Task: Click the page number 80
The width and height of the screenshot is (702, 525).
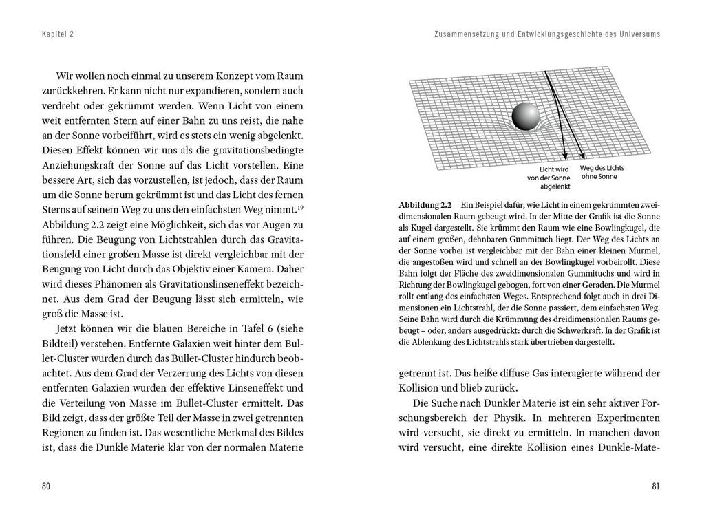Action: (x=46, y=486)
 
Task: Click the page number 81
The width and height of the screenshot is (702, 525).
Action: (x=655, y=486)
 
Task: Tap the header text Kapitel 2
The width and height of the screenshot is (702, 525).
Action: (x=57, y=34)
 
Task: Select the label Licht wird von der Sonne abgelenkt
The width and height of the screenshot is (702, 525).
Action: (x=555, y=178)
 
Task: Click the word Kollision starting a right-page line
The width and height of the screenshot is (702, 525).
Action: (x=419, y=387)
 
